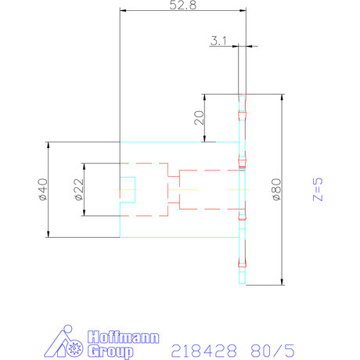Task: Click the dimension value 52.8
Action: tap(183, 5)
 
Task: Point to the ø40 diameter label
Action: tap(41, 189)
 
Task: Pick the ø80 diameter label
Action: tap(276, 189)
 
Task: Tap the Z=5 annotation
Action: tap(317, 189)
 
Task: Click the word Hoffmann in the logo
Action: tap(121, 339)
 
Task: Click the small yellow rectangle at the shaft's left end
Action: tap(125, 189)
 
